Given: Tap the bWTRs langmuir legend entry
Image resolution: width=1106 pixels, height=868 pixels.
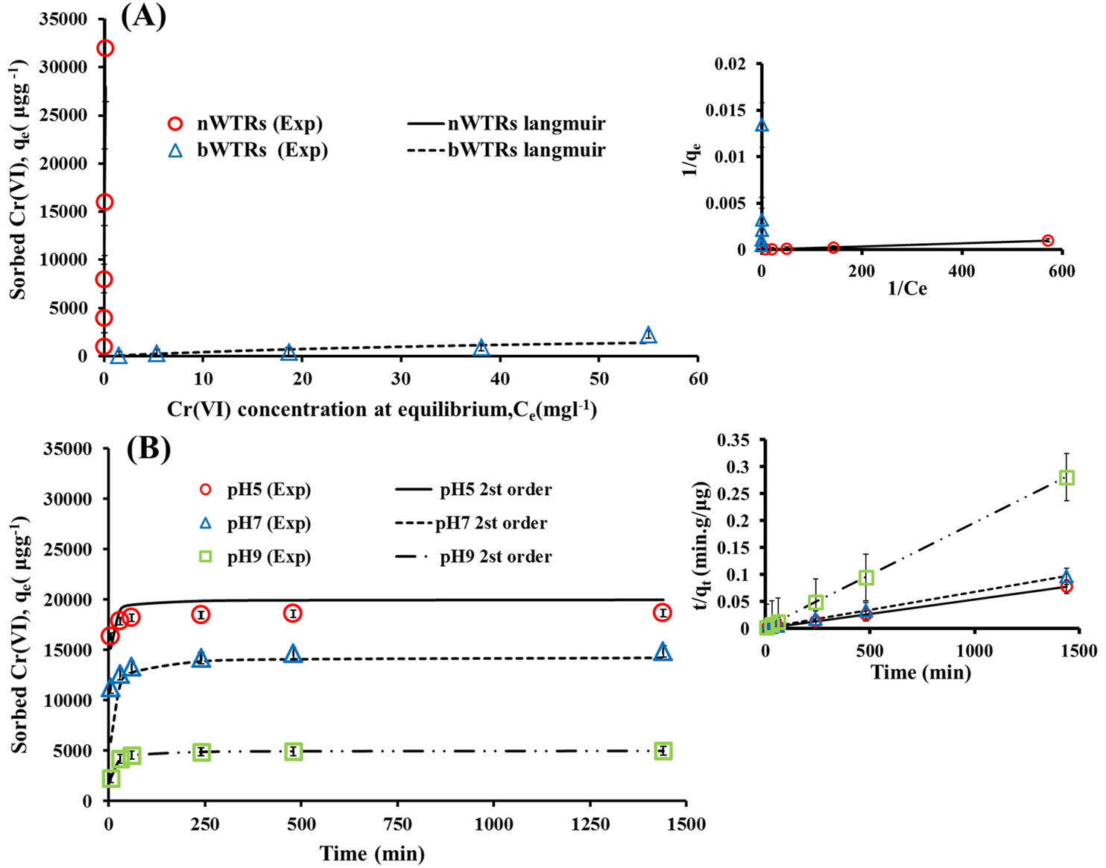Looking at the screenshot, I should [507, 150].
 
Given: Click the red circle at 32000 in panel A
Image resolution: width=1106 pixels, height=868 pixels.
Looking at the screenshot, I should [105, 48].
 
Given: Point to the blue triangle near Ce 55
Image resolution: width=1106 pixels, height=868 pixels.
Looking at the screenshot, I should [648, 335].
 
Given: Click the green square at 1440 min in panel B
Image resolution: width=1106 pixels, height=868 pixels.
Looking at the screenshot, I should [663, 751].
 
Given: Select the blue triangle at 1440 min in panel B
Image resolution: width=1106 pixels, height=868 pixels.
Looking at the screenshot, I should [663, 652].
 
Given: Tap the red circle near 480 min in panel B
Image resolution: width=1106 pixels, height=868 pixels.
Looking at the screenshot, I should [294, 613].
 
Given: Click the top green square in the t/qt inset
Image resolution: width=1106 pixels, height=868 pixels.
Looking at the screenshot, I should [1066, 477].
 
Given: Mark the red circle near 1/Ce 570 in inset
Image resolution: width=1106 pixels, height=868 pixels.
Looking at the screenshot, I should [1047, 240].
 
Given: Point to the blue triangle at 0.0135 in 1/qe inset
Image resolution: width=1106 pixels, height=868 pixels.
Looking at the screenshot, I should [762, 125].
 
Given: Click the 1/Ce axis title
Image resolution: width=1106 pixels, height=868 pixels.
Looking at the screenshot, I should [907, 289].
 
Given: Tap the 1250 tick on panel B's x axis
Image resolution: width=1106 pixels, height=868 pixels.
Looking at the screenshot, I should [590, 824].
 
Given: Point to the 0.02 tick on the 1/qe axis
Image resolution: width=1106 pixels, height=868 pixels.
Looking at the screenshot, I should [730, 64].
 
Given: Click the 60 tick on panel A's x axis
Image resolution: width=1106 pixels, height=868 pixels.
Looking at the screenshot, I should [698, 379].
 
